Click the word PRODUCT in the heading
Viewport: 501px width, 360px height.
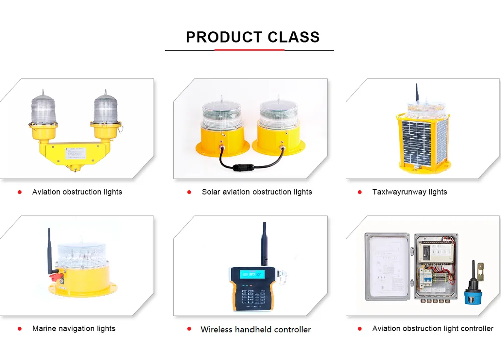[x=224, y=37]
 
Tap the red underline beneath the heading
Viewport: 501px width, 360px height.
[x=249, y=50]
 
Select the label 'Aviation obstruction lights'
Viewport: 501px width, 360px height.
[x=77, y=192]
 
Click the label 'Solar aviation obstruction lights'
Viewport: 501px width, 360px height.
[x=257, y=192]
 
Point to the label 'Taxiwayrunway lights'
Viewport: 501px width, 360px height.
[x=409, y=192]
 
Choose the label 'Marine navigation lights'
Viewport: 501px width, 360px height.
[x=73, y=329]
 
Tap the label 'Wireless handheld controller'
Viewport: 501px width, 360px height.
[x=256, y=329]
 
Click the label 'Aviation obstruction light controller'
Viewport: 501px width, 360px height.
[x=432, y=329]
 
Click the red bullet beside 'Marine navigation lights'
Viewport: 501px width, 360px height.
[x=20, y=329]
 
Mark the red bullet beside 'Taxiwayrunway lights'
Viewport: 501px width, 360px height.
[x=359, y=192]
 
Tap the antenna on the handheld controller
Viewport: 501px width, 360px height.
[x=263, y=243]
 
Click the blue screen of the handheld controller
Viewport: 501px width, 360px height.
[x=252, y=274]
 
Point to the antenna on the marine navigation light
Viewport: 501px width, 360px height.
[x=49, y=251]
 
